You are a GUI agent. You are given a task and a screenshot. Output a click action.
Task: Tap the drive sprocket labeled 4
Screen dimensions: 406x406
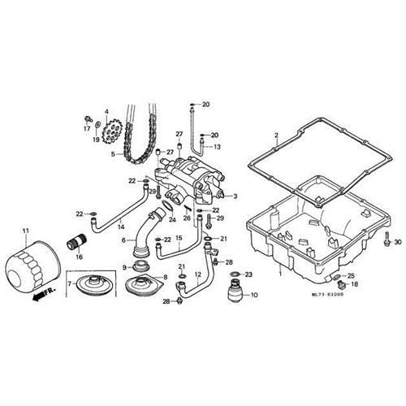[x=112, y=132]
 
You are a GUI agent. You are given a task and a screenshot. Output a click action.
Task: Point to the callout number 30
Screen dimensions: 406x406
[x=398, y=242]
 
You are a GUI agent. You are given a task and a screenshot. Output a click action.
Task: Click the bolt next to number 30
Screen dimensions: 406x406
[x=387, y=240]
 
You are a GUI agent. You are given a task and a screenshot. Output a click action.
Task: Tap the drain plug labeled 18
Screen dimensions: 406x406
[x=340, y=285]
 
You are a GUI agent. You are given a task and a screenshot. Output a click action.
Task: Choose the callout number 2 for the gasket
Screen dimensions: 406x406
[x=276, y=135]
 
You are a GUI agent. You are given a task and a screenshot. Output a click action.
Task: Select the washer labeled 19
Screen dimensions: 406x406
[x=97, y=125]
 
